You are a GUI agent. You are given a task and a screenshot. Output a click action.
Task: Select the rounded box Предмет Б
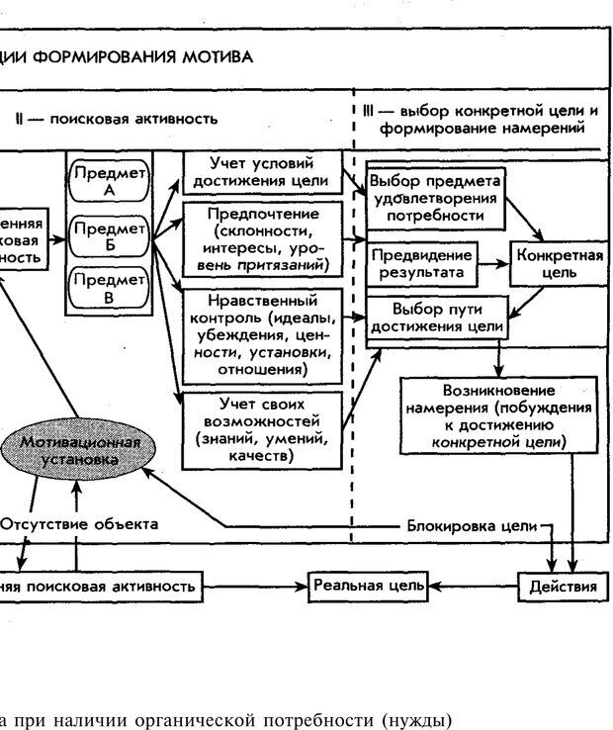[109, 233]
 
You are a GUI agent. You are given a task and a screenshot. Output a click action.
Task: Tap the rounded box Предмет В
[109, 287]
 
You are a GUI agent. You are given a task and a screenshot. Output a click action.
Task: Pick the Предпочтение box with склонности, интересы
[263, 240]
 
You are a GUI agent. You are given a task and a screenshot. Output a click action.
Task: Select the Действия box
[563, 587]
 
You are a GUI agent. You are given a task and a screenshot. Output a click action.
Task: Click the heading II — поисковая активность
[117, 119]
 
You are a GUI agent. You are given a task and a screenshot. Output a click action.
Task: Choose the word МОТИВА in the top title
[217, 56]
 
